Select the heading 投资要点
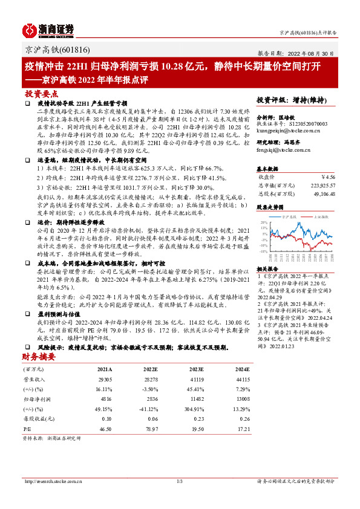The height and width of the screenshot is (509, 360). (37, 94)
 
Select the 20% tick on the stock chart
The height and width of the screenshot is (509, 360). (264, 222)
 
